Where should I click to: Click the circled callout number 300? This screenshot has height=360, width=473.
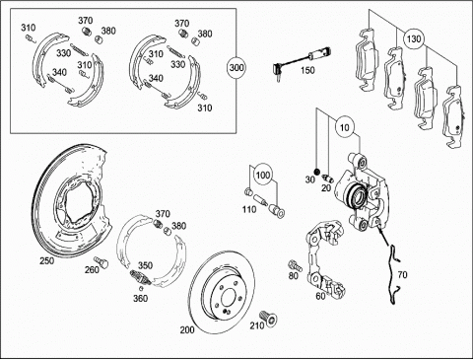coord(236,68)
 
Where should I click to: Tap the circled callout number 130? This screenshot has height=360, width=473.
coord(413,38)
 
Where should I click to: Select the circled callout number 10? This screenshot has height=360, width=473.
coord(345,127)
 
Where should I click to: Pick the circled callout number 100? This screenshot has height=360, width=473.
coord(263,175)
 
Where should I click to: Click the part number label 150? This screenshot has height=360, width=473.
coord(307,70)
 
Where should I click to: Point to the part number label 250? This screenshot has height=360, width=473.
coord(47,260)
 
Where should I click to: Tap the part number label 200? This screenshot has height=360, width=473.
coord(187,329)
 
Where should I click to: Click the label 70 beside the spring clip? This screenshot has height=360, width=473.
coord(402,274)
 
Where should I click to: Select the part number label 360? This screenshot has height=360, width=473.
coord(140,298)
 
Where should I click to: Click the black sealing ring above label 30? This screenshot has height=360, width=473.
coord(316,172)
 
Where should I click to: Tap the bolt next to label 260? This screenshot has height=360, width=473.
coord(101,261)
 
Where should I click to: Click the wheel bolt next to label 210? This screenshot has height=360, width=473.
coord(269,319)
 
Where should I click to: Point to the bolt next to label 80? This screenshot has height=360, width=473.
coord(295,264)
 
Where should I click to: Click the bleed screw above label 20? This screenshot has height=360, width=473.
coord(328,178)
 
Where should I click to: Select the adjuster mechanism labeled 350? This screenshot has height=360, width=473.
coord(140,278)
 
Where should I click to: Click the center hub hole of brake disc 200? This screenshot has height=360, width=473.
coord(228,298)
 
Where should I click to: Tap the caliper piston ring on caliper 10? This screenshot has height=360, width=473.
coord(355,197)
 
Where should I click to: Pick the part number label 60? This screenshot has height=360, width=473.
coord(320,296)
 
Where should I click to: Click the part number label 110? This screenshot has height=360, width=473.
coord(249,209)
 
